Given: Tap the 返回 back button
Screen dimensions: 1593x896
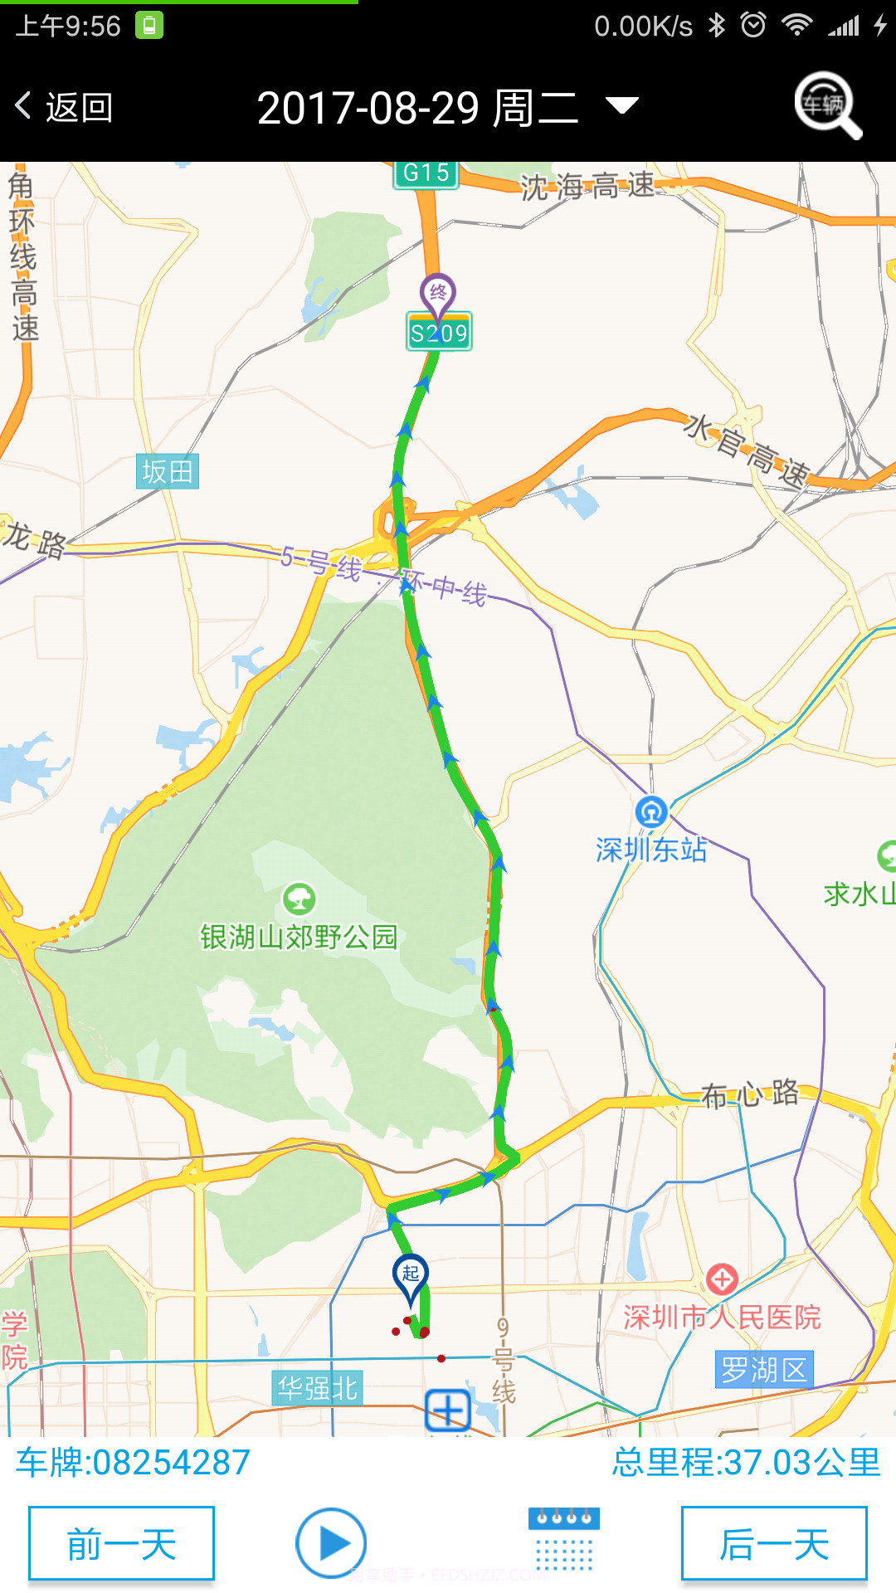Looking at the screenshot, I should (65, 107).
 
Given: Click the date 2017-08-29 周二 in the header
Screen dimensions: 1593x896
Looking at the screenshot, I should (417, 108).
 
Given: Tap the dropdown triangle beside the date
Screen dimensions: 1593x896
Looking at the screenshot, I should (621, 105).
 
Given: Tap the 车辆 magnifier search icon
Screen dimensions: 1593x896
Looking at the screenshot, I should (827, 105).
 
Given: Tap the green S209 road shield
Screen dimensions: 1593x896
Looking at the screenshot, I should (439, 333).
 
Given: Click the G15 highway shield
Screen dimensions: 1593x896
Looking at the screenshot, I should (426, 173).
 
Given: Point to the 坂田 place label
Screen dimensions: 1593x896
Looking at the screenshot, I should (168, 471).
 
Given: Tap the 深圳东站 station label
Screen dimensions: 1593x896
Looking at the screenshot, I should (651, 849).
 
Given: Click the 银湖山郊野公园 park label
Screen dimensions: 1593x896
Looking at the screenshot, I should (299, 937).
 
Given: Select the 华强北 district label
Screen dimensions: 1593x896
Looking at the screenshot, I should (317, 1388).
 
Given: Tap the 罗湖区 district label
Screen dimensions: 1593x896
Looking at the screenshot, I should (763, 1370).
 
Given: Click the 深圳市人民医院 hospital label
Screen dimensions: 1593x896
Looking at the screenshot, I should (722, 1317).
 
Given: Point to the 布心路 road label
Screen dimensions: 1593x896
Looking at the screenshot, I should (750, 1094).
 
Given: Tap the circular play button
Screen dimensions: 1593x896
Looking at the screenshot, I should (331, 1543).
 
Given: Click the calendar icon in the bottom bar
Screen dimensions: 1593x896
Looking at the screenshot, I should (564, 1540).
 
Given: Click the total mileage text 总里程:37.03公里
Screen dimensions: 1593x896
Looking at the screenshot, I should (746, 1462).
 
